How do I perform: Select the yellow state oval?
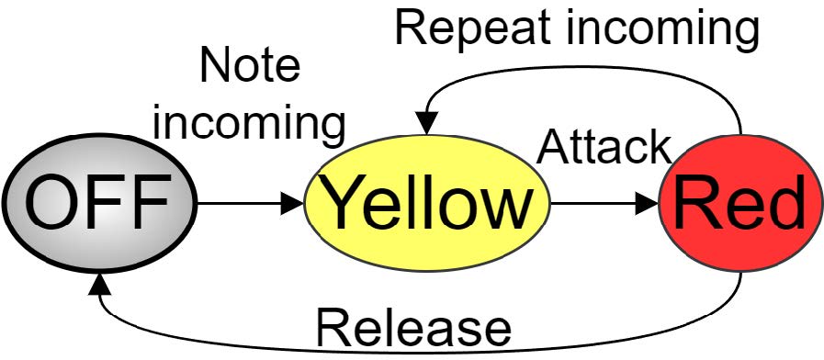pyautogui.click(x=425, y=204)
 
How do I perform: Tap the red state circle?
pyautogui.click(x=739, y=203)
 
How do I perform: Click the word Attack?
pyautogui.click(x=604, y=147)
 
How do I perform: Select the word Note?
pyautogui.click(x=250, y=67)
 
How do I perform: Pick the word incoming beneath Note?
pyautogui.click(x=250, y=123)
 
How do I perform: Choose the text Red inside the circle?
pyautogui.click(x=739, y=204)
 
